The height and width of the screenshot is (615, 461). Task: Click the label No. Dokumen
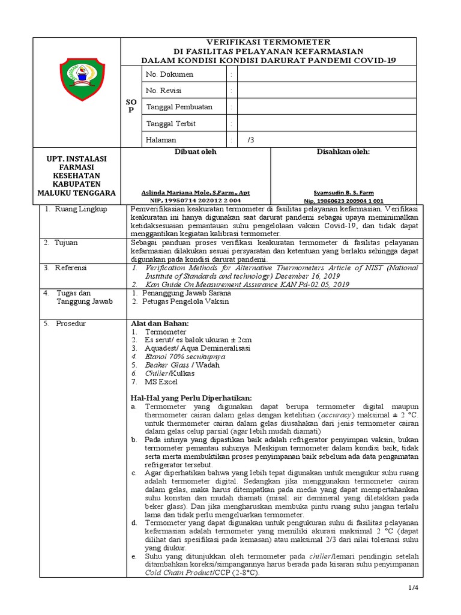[170, 74]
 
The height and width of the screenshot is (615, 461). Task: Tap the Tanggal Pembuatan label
[179, 107]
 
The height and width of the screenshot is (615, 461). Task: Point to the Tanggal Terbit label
[171, 123]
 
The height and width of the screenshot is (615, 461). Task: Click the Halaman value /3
[251, 140]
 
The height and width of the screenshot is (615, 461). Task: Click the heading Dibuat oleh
[196, 152]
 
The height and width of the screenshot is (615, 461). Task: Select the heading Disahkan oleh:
[343, 152]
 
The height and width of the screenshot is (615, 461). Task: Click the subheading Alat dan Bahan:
[159, 323]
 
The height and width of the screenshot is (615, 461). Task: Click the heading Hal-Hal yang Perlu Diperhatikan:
[191, 398]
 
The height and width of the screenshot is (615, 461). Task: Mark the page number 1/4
[412, 587]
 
